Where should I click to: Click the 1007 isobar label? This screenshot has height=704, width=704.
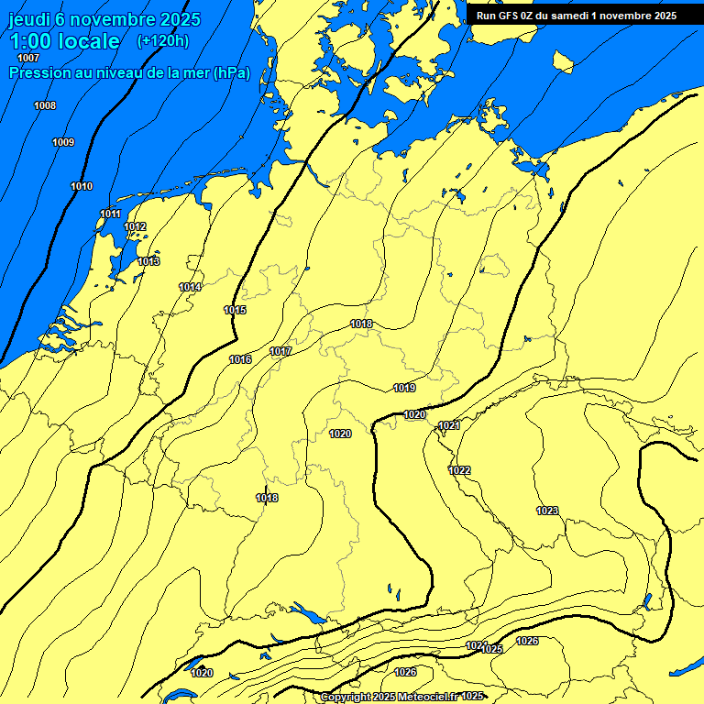[x=28, y=59]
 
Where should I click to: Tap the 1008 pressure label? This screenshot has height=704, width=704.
[x=45, y=105]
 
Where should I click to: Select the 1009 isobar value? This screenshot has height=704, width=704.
[x=63, y=142]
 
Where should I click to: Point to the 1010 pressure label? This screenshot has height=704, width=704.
[x=82, y=186]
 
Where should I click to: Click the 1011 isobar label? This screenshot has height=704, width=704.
[x=111, y=214]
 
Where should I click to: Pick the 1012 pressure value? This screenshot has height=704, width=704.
[x=135, y=226]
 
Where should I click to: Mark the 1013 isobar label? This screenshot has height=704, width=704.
[x=148, y=261]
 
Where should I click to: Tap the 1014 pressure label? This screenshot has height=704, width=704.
[x=190, y=287]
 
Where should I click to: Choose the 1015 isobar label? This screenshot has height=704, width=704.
[x=235, y=310]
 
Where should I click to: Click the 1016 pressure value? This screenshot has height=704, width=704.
[x=240, y=359]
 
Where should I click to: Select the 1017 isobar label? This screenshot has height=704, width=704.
[x=280, y=351]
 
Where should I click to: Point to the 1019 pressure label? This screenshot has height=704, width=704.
[x=404, y=388]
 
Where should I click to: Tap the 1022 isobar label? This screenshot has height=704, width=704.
[x=459, y=470]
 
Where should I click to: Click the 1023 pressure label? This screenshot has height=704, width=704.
[x=547, y=510]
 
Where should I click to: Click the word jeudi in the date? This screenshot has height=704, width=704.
[x=30, y=19]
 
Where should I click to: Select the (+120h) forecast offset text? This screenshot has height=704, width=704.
[x=163, y=40]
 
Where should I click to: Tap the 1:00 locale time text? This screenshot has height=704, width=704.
[x=64, y=41]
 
